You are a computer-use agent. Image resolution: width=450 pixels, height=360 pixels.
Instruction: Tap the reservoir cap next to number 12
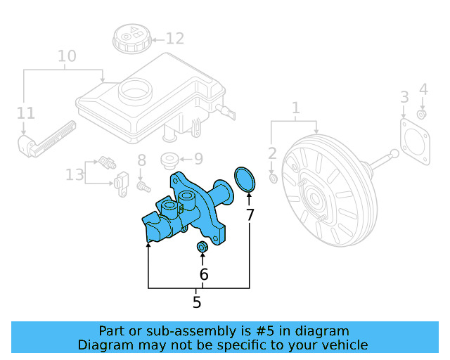tap(129, 37)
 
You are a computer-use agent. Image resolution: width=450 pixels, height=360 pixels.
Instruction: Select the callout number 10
tap(66, 56)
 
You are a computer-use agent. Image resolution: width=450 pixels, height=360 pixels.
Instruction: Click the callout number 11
tap(25, 112)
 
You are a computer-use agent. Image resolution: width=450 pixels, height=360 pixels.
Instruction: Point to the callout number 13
tap(75, 174)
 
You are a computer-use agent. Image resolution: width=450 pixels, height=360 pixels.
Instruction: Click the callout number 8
tap(141, 160)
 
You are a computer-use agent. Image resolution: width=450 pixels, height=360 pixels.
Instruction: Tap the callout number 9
tap(198, 159)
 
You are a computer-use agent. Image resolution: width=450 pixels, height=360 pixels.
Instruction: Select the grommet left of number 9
tap(169, 160)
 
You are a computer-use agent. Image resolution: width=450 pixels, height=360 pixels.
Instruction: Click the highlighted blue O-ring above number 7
tap(244, 179)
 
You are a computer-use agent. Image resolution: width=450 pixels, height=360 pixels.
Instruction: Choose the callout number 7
tap(250, 215)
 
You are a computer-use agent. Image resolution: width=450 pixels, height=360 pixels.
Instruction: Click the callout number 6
tap(204, 274)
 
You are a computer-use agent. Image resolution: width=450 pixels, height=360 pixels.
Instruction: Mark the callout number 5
tap(197, 302)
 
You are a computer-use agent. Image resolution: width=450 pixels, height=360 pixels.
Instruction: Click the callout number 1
tap(296, 108)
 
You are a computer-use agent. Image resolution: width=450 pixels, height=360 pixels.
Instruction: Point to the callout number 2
tap(273, 153)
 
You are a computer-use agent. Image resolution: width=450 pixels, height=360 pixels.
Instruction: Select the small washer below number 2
tap(274, 179)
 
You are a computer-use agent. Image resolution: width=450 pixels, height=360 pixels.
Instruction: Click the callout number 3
tap(404, 96)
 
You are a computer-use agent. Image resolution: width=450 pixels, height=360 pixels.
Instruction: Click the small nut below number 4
tap(422, 114)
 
